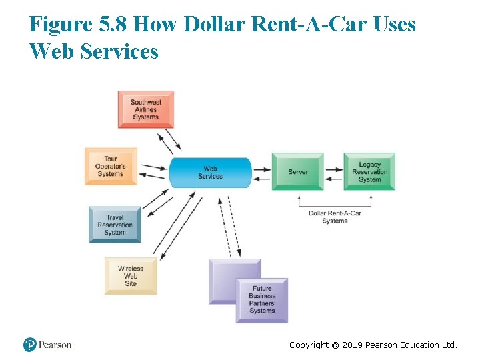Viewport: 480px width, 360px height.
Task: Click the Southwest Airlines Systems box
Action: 145,109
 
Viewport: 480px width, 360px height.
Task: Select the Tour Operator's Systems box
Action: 111,166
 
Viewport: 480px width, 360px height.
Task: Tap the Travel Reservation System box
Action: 115,225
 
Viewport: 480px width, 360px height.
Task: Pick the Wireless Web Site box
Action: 131,276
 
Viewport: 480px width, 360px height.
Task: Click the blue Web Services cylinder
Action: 210,172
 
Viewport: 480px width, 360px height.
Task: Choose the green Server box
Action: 297,171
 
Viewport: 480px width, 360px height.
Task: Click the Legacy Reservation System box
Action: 369,171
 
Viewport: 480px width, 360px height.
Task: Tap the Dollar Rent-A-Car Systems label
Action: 335,217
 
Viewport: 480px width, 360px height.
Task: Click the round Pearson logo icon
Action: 29,345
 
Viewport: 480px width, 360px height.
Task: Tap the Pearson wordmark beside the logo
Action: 55,345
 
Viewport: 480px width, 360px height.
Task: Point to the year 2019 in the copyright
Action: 351,345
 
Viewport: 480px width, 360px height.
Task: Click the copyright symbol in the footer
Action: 335,345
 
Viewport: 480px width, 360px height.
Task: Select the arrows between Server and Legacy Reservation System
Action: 333,172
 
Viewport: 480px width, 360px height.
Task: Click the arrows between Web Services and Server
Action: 261,172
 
